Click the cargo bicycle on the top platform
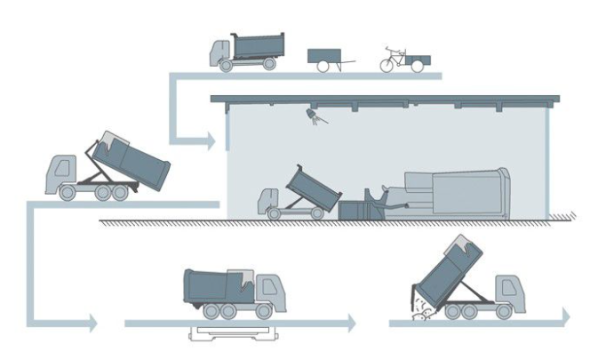click(x=405, y=58)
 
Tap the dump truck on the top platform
click(x=243, y=50)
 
